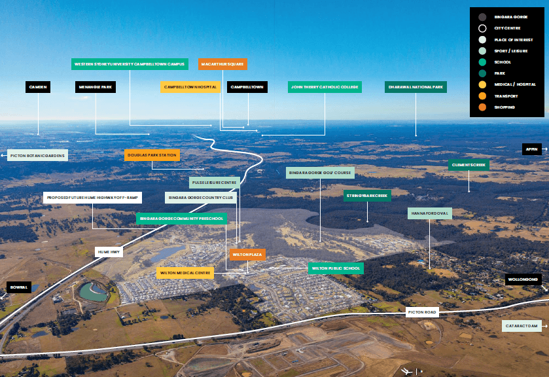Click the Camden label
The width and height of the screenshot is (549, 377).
[38, 86]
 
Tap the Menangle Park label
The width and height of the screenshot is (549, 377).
[96, 86]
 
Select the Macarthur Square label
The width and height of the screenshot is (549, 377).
[222, 64]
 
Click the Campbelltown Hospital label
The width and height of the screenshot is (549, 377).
[190, 86]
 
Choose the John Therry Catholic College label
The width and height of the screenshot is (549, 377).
[325, 86]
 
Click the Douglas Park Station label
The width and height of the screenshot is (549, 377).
[152, 155]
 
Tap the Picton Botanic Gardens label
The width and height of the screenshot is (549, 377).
[38, 155]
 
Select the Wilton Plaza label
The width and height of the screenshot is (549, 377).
[247, 254]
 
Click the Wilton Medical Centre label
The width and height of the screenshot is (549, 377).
[185, 272]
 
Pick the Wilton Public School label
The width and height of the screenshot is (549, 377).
[336, 268]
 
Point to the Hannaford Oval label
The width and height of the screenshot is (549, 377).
[430, 213]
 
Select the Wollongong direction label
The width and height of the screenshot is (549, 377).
[523, 279]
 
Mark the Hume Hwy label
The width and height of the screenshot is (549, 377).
[109, 251]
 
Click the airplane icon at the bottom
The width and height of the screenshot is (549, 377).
[408, 371]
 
